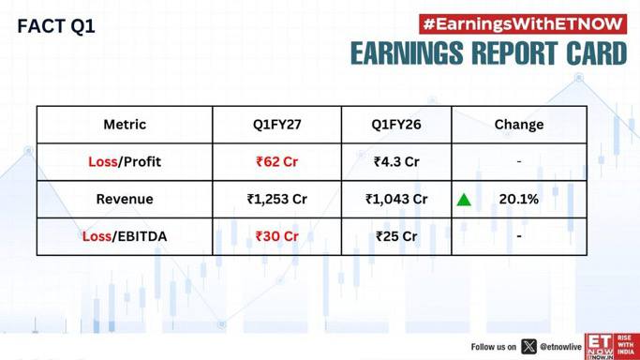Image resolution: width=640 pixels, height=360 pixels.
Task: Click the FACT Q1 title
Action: [56, 26]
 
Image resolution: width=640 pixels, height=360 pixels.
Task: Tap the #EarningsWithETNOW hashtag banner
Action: [523, 24]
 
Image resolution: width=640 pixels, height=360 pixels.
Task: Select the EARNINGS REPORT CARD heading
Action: [488, 53]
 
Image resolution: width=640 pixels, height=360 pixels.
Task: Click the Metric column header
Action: [125, 125]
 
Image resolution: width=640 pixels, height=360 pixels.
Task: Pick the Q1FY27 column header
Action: [276, 125]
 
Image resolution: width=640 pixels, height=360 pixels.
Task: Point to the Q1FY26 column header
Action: [396, 125]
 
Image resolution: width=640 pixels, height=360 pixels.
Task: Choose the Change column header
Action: [519, 125]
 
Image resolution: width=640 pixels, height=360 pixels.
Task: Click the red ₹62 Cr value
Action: [276, 161]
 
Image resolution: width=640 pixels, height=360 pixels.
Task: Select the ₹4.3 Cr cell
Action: [396, 161]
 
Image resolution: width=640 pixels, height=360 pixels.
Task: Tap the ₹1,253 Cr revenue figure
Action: [276, 199]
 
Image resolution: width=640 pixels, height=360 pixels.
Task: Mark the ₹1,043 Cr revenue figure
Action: [396, 199]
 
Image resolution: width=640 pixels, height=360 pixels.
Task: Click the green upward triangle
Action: [464, 200]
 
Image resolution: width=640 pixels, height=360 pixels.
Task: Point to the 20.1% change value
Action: [519, 199]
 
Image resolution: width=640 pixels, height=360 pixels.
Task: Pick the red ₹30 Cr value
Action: [276, 236]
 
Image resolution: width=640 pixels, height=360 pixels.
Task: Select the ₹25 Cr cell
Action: [396, 236]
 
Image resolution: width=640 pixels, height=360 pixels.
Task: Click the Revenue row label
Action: [125, 199]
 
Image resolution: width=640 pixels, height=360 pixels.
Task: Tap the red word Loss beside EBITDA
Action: [97, 236]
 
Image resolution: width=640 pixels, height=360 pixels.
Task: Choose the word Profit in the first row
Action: [142, 161]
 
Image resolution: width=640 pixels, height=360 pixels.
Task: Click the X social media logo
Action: [528, 347]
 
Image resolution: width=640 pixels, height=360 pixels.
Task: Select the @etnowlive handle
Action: [560, 347]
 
